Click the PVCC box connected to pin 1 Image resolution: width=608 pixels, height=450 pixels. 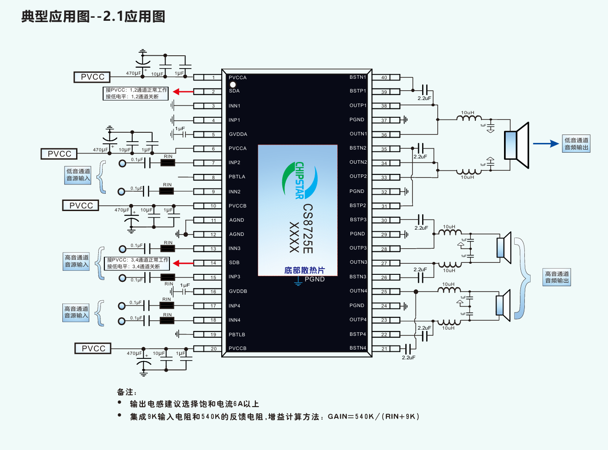point(92,77)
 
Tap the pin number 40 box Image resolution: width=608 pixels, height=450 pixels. point(384,77)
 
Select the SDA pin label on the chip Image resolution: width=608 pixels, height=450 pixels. point(234,91)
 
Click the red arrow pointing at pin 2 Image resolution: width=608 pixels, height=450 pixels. point(183,92)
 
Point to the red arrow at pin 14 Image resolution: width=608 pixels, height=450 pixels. point(183,263)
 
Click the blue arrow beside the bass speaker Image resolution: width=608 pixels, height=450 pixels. point(546,143)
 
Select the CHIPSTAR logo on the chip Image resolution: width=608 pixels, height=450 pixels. point(300,180)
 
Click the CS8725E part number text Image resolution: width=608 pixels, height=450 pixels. point(308,228)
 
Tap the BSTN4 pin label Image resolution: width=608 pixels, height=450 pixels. point(358,348)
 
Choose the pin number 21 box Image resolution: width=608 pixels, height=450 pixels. point(384,349)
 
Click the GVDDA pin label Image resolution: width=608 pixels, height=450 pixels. point(238,134)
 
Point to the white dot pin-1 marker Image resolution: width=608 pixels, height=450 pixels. point(233,84)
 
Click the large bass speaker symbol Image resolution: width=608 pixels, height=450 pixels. point(517,145)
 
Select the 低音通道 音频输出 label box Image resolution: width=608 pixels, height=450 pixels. point(576,144)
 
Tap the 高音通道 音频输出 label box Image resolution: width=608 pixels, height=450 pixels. point(557,277)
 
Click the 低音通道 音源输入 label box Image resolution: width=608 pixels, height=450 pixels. point(78,175)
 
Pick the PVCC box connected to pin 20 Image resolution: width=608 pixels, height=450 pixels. point(93,349)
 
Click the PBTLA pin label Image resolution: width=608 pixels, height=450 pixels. point(237,177)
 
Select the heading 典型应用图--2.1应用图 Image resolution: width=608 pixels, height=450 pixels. point(93,16)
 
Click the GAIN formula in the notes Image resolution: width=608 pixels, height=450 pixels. point(373,416)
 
